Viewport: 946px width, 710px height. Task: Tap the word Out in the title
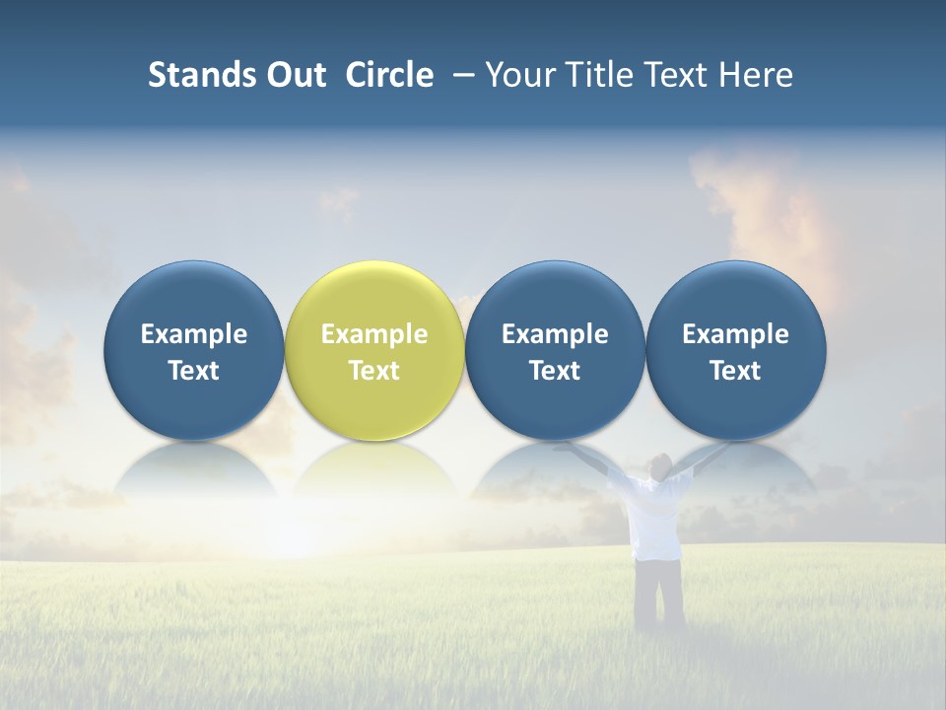coord(295,75)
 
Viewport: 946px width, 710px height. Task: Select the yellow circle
coord(374,296)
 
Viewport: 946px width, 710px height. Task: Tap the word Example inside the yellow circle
coord(374,334)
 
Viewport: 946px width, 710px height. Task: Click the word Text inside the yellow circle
coord(374,371)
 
